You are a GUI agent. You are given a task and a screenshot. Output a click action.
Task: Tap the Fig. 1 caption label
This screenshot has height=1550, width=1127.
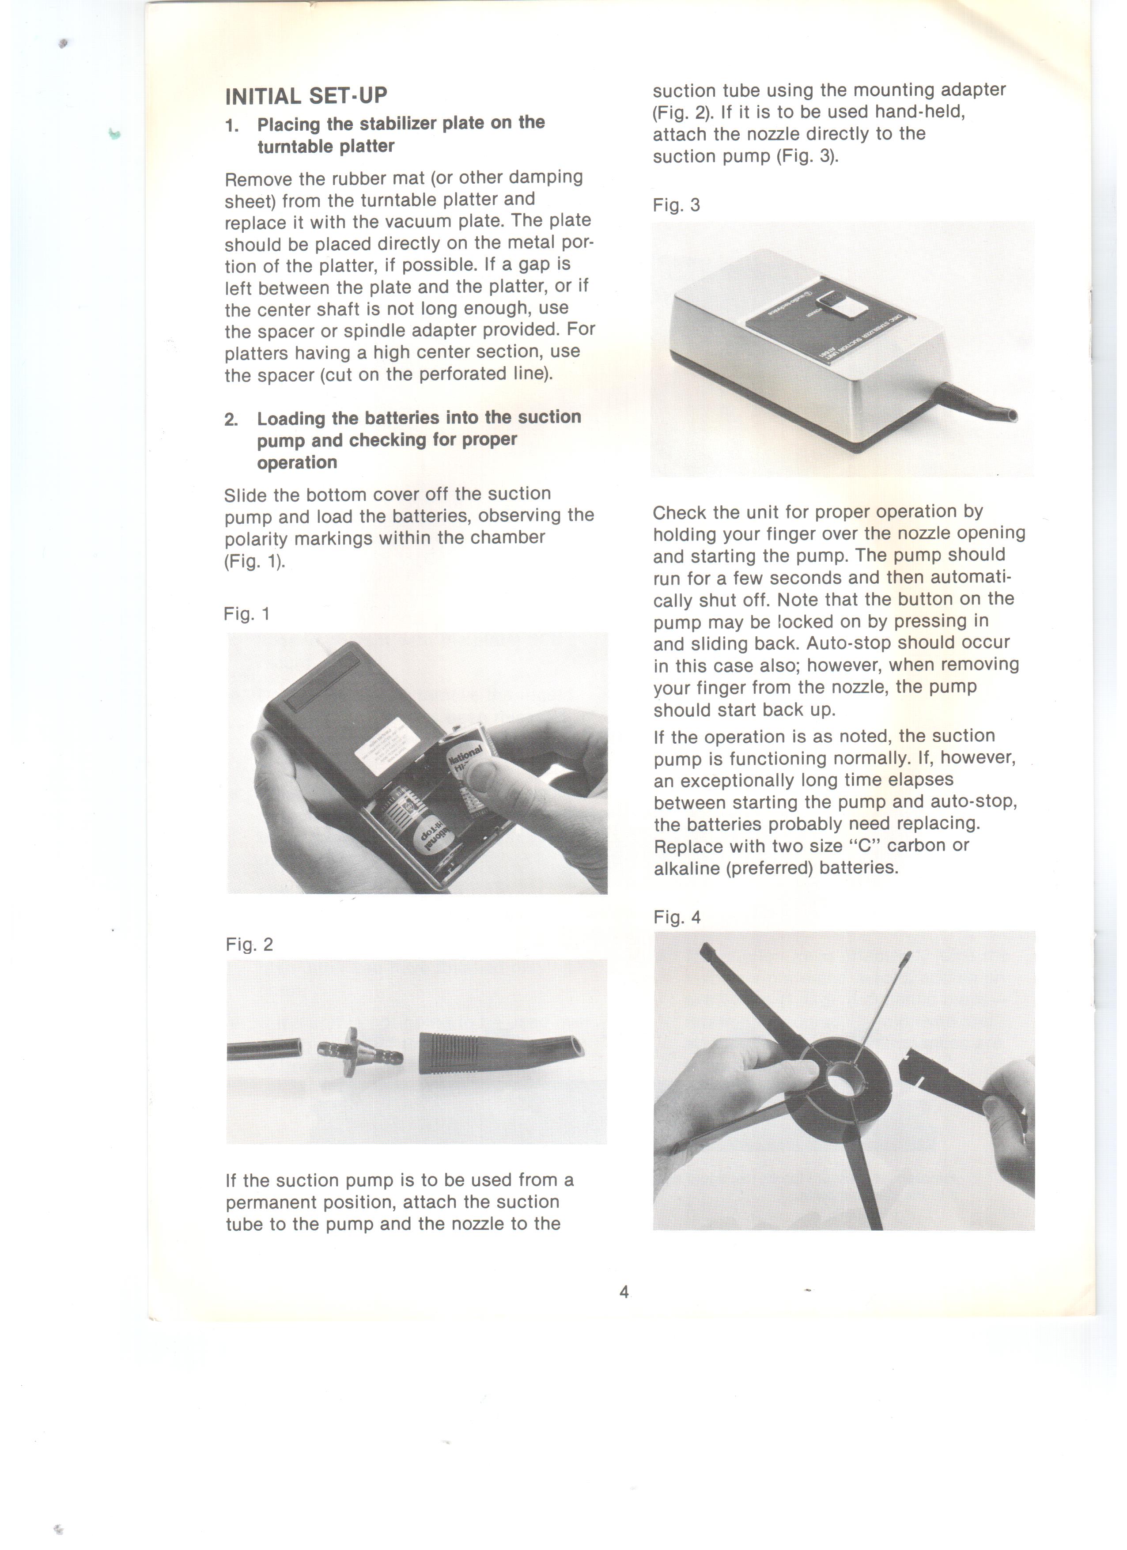247,614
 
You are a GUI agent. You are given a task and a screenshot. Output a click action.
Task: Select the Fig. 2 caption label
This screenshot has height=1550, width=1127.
249,945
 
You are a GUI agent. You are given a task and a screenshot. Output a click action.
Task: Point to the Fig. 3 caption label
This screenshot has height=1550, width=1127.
676,205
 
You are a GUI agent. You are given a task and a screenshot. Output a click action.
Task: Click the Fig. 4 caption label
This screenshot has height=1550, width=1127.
677,917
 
